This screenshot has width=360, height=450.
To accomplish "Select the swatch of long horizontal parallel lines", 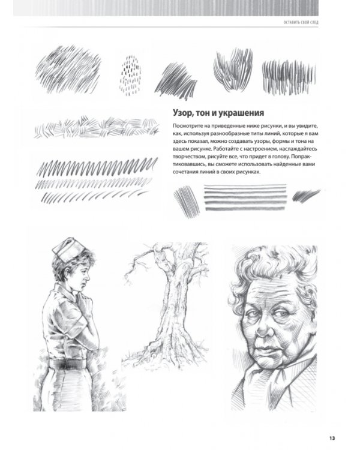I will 246,198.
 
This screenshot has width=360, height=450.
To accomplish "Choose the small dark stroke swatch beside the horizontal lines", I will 305,195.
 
